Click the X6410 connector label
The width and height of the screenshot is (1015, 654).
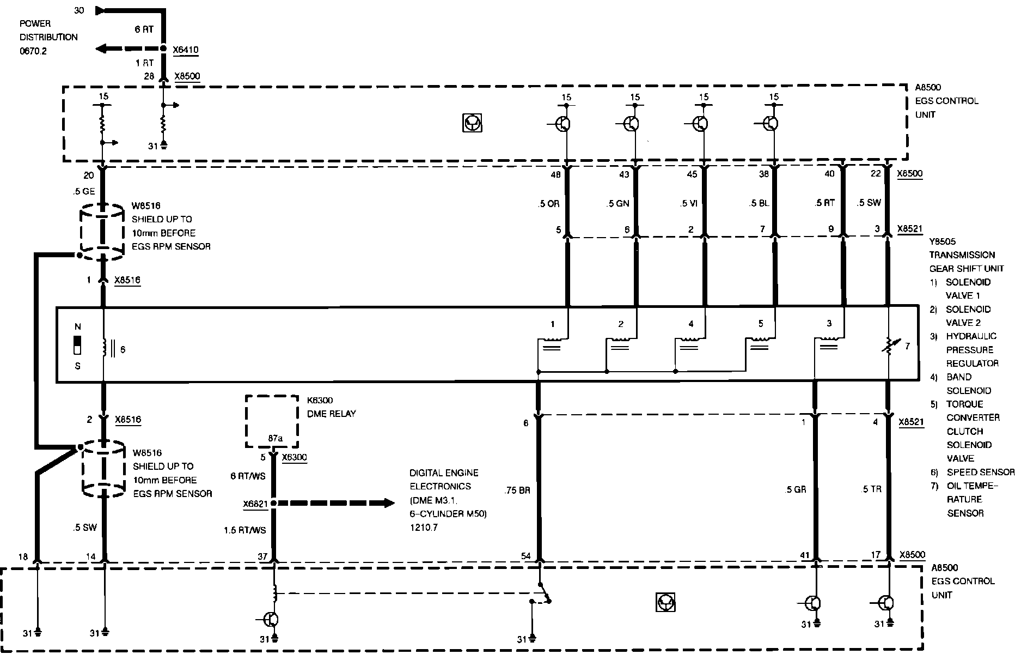tap(186, 50)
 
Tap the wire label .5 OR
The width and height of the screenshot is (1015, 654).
tap(548, 204)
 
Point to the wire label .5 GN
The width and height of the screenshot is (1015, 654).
tap(618, 204)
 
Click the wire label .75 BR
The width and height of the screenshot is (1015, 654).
tap(518, 490)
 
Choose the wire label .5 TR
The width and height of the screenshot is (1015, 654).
tap(871, 489)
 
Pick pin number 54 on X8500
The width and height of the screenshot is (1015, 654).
tap(526, 556)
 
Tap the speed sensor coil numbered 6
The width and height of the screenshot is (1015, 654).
tap(105, 348)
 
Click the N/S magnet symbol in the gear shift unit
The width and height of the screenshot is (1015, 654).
tap(77, 346)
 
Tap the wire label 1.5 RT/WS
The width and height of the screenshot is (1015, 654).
tap(245, 530)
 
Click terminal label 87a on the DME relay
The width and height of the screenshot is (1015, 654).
tap(275, 438)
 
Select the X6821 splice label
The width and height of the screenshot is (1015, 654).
tap(255, 504)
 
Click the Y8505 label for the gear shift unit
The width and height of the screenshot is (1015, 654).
tap(943, 241)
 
